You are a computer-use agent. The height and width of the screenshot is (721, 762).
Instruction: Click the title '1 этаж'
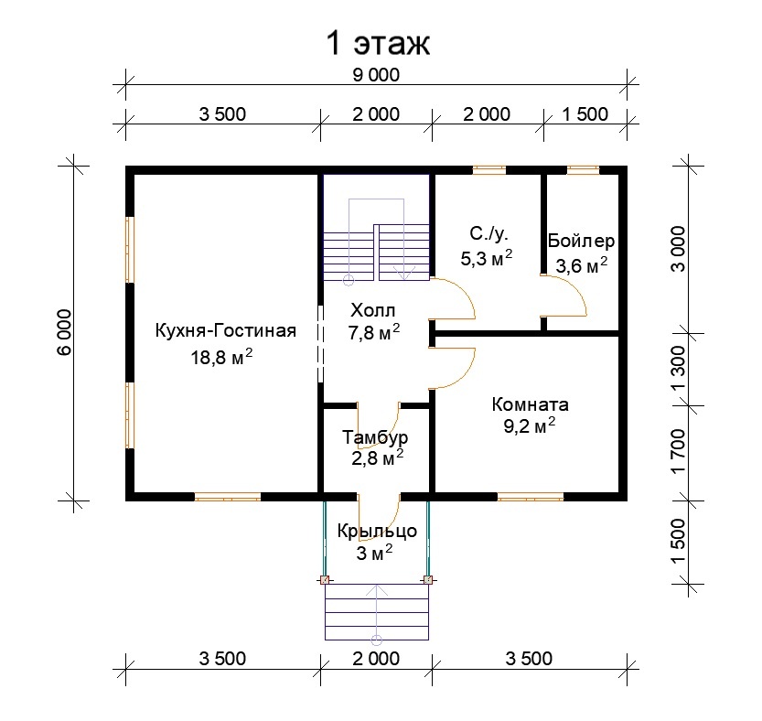pyautogui.click(x=378, y=43)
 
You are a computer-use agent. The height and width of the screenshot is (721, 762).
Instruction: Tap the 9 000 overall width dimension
pyautogui.click(x=376, y=75)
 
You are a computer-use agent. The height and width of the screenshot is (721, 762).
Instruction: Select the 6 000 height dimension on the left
pyautogui.click(x=65, y=332)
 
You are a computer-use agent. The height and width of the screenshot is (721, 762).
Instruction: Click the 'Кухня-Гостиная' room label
pyautogui.click(x=225, y=330)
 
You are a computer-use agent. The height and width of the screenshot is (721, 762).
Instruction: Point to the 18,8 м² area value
pyautogui.click(x=221, y=358)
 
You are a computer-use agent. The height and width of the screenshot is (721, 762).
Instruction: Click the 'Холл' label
pyautogui.click(x=373, y=310)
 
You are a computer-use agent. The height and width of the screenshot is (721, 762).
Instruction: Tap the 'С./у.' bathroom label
pyautogui.click(x=488, y=234)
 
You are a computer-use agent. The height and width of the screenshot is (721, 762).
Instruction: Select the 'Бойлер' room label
pyautogui.click(x=581, y=241)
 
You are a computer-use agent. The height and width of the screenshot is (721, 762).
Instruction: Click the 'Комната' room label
pyautogui.click(x=531, y=404)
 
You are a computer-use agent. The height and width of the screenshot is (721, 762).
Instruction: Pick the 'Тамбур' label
pyautogui.click(x=375, y=437)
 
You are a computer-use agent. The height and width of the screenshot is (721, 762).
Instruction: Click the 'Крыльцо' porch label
pyautogui.click(x=377, y=531)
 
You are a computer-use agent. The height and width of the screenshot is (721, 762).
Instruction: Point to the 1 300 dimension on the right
pyautogui.click(x=678, y=369)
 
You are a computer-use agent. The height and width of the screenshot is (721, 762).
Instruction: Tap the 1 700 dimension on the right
pyautogui.click(x=678, y=451)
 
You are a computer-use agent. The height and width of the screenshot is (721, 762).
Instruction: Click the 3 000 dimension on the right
pyautogui.click(x=678, y=249)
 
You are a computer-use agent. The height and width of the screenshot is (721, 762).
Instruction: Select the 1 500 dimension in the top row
pyautogui.click(x=585, y=114)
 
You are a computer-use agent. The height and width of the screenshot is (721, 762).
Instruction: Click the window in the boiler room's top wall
pyautogui.click(x=583, y=169)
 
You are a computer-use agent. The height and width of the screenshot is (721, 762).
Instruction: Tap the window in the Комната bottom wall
pyautogui.click(x=531, y=497)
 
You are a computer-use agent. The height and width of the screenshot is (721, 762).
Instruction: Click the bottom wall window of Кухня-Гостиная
pyautogui.click(x=228, y=497)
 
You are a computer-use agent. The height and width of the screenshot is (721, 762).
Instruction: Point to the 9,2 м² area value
pyautogui.click(x=530, y=425)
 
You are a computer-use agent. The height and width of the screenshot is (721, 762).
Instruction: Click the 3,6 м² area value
pyautogui.click(x=582, y=265)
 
